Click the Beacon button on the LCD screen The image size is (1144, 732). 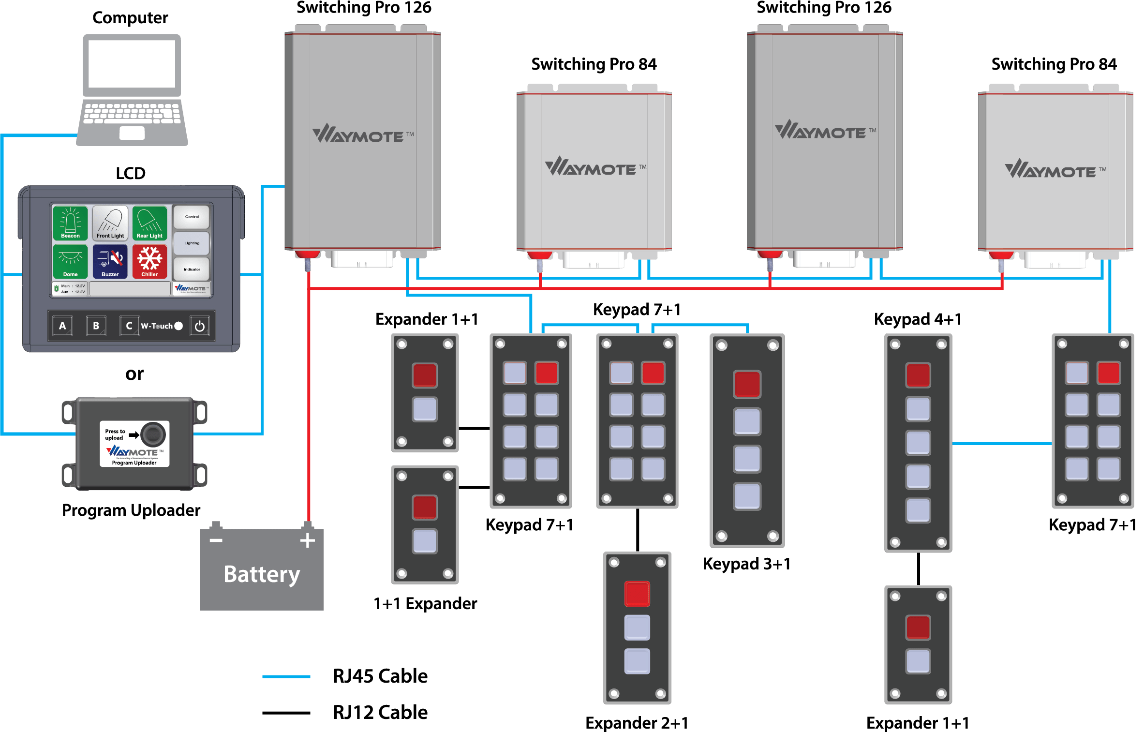tap(70, 223)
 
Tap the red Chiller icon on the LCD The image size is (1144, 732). tap(149, 261)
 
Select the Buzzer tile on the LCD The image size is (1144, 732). tap(110, 261)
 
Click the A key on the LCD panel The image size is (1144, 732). tap(62, 326)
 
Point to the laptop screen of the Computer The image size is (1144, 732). tap(132, 64)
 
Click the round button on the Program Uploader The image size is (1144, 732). tap(153, 433)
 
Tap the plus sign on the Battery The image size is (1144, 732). tap(308, 540)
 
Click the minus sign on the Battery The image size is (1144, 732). tap(216, 540)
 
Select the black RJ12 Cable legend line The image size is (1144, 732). tap(286, 713)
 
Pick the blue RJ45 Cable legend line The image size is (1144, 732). tap(286, 676)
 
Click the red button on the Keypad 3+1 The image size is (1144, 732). tap(747, 384)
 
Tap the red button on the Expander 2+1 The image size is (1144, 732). tap(637, 594)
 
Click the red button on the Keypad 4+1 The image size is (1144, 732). tap(918, 375)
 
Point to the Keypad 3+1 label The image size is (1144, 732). tap(747, 564)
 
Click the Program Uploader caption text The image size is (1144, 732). tap(131, 510)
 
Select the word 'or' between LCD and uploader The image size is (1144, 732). tap(134, 374)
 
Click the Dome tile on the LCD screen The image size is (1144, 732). tap(70, 261)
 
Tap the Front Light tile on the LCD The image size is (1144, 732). tap(110, 223)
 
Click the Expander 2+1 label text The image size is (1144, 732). tap(637, 723)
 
